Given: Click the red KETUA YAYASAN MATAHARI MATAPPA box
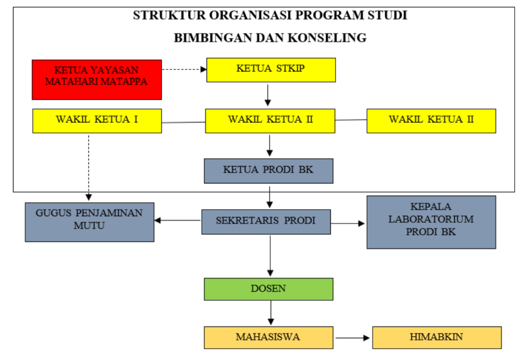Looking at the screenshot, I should [97, 80].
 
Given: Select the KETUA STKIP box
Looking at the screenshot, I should [271, 70].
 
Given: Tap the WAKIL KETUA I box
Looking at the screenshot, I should [97, 121].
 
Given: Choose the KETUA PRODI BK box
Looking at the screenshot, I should [268, 170].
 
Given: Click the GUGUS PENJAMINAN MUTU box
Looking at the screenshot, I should [89, 222].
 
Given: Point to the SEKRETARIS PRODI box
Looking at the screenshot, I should [266, 222].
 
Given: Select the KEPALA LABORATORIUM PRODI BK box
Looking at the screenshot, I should [431, 222].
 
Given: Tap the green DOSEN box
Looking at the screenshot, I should [268, 289].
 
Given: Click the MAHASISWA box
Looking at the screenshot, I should [268, 337].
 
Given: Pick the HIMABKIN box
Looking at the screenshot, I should [437, 337].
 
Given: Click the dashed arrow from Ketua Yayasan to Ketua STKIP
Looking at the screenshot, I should [184, 69].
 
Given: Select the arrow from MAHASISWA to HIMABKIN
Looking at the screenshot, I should [352, 338].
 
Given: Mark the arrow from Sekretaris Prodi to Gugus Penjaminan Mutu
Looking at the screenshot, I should [178, 220].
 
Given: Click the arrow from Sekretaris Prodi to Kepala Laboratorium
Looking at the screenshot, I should [348, 223].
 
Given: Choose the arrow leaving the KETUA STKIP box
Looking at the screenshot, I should [268, 95].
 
